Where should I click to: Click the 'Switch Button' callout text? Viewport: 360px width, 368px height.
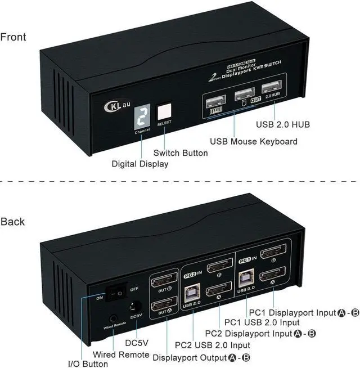(181, 152)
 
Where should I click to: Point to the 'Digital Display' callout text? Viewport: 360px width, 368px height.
(140, 164)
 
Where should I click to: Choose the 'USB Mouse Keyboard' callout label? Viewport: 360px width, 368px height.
(253, 141)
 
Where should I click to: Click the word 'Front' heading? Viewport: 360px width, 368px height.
(13, 37)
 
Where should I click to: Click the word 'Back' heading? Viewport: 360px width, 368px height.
(12, 221)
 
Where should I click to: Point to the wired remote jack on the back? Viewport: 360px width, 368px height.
(115, 318)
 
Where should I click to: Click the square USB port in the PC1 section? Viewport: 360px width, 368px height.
(246, 277)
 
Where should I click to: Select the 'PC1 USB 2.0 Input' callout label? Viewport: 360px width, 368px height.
(262, 322)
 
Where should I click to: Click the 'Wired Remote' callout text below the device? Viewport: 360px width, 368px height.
(121, 354)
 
